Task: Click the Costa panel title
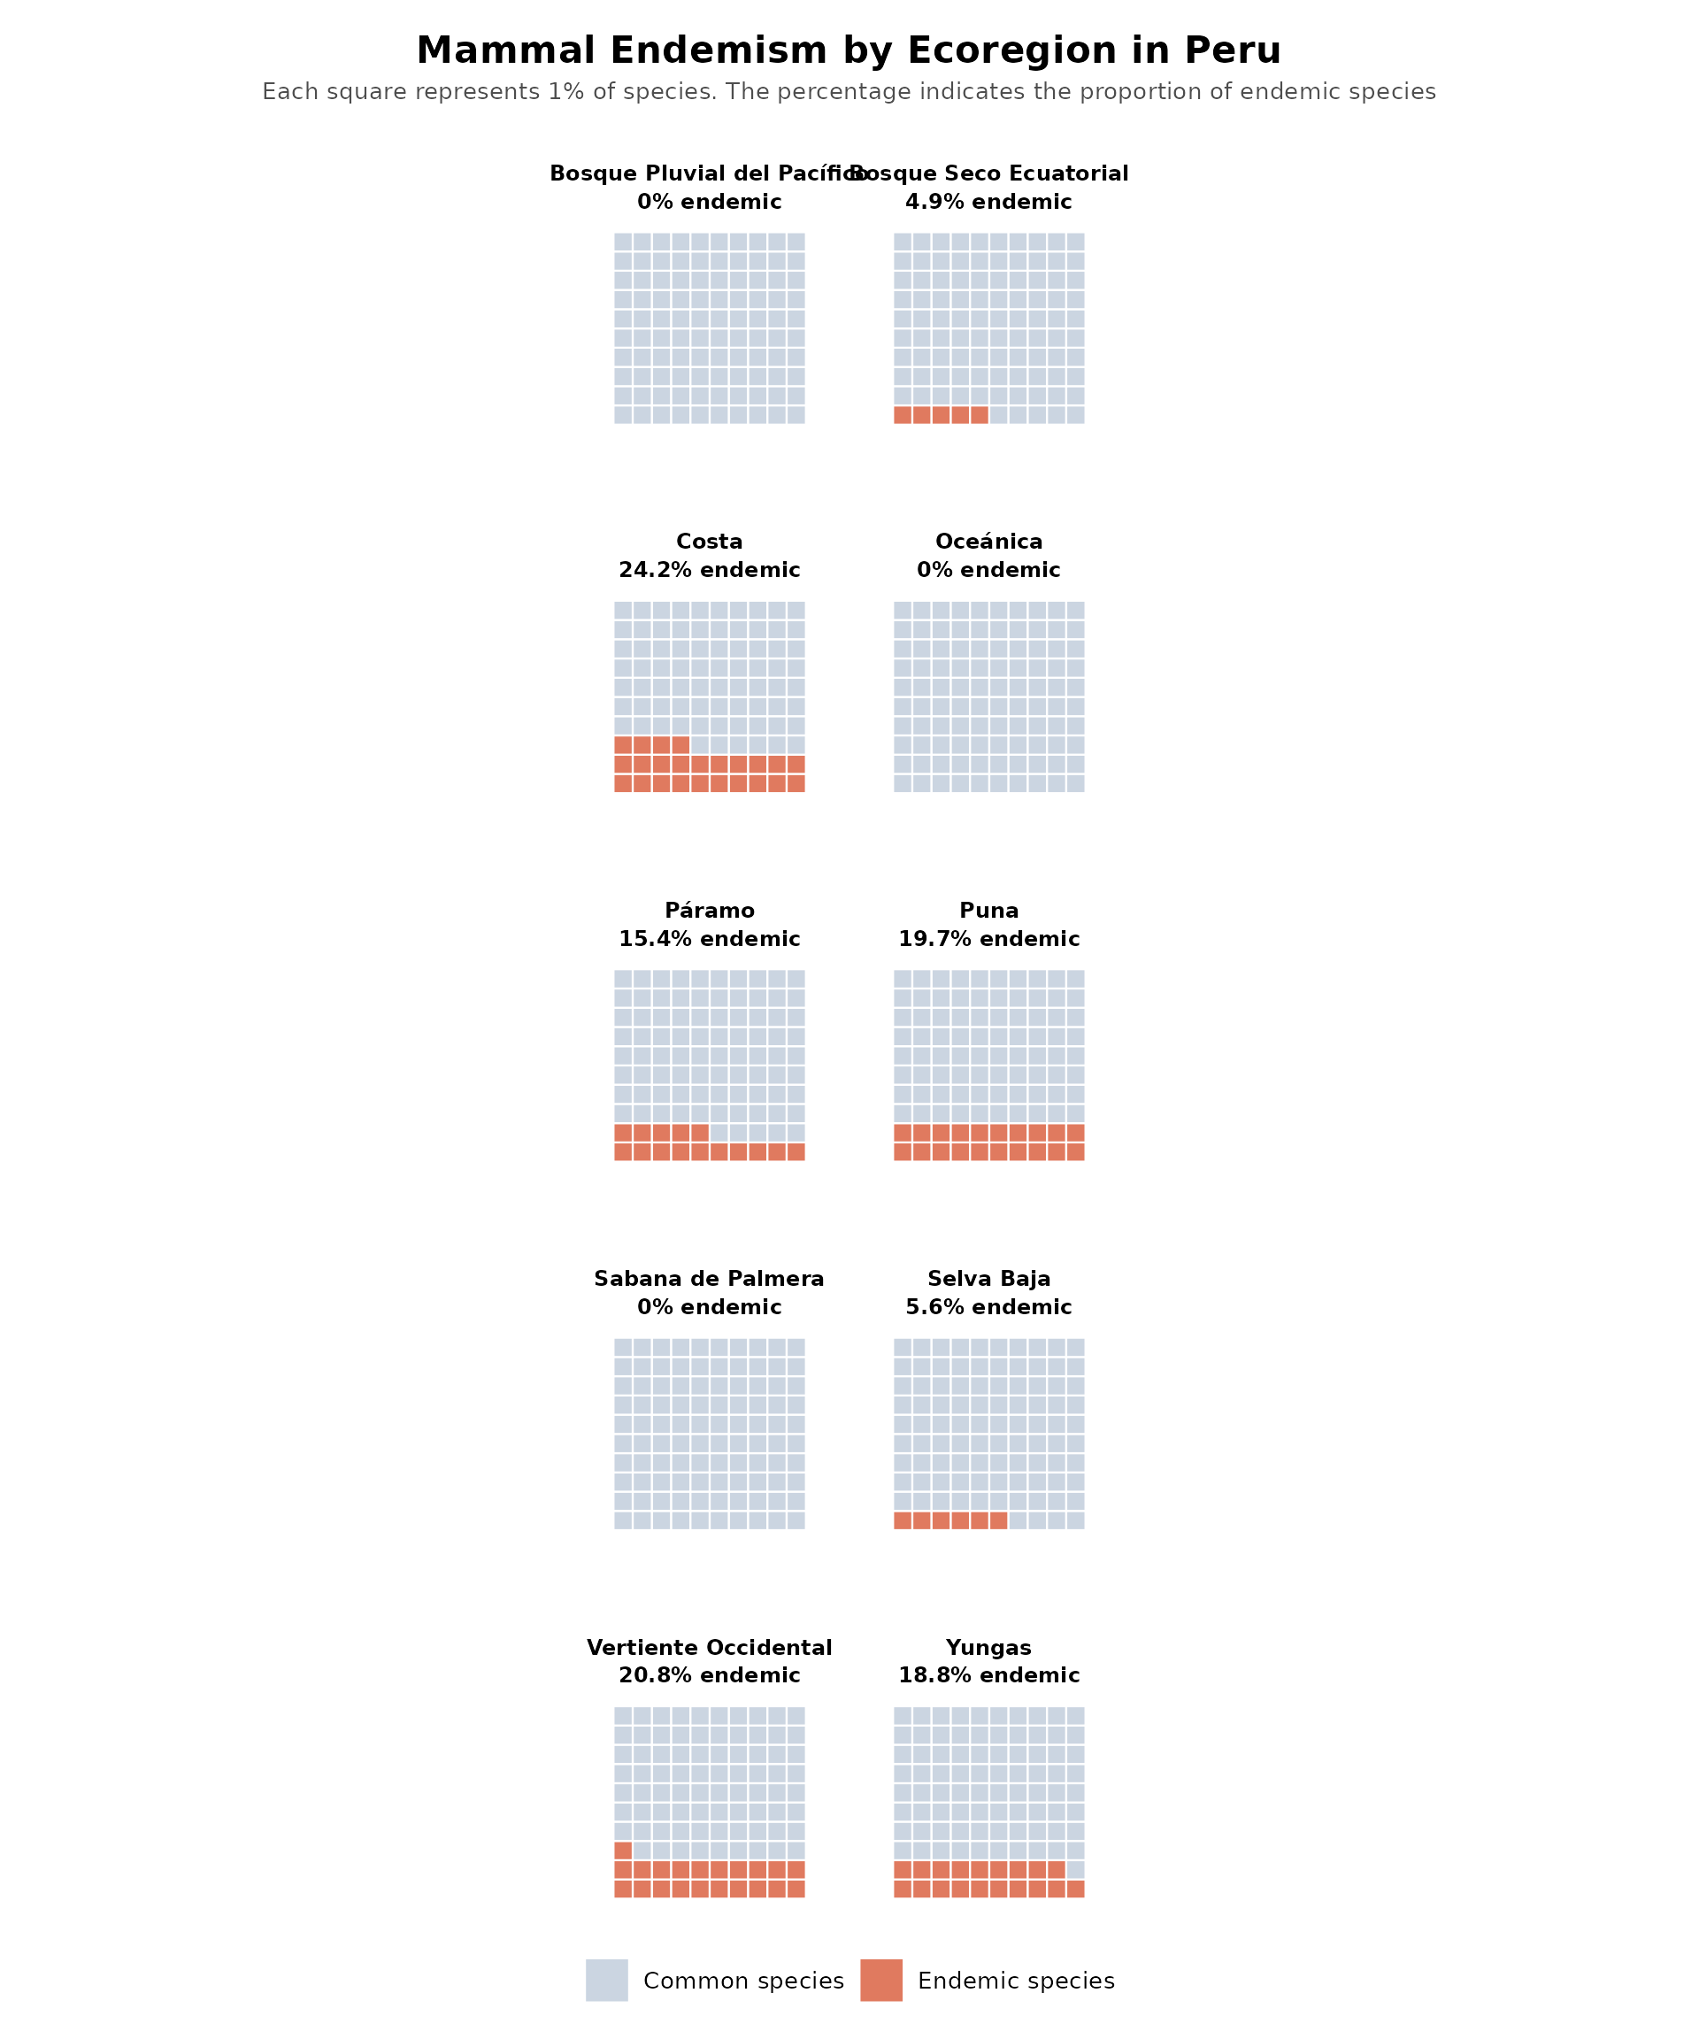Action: point(709,542)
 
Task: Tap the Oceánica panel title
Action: point(988,542)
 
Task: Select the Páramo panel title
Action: point(709,911)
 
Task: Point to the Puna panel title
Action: point(988,911)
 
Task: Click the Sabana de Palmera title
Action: point(709,1279)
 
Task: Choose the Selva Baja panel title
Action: point(988,1279)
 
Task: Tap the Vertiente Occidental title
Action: point(709,1648)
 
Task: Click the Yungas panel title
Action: point(988,1648)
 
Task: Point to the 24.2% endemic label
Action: point(709,570)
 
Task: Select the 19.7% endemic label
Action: point(988,939)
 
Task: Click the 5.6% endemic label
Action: point(988,1307)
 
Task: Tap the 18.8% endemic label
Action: point(988,1675)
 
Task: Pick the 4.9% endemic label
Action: point(988,202)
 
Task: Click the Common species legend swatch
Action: point(607,1981)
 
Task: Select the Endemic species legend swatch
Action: point(880,1981)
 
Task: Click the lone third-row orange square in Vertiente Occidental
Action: point(623,1850)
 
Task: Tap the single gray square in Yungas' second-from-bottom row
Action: point(1076,1870)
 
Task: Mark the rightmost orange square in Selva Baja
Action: point(998,1520)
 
